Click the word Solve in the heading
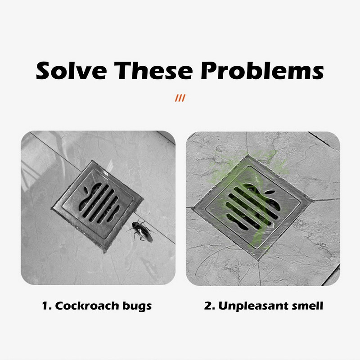(x=71, y=71)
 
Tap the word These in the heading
(x=153, y=71)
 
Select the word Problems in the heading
(x=262, y=71)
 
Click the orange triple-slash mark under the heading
(x=180, y=98)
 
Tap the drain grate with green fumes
(x=252, y=207)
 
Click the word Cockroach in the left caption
(x=87, y=306)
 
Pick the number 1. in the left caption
(x=47, y=306)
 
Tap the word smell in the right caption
(x=307, y=306)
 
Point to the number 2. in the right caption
(x=210, y=306)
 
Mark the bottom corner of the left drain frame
(x=105, y=252)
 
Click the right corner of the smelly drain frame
(x=313, y=200)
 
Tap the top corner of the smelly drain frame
(x=248, y=155)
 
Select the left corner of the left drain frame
(x=51, y=208)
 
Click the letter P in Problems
(x=209, y=71)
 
